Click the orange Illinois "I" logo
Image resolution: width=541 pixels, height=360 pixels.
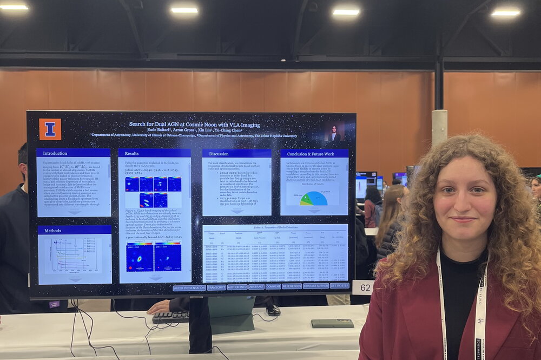pos(50,129)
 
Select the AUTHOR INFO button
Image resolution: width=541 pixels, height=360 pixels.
pos(237,287)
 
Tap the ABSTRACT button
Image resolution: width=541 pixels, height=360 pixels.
pos(256,287)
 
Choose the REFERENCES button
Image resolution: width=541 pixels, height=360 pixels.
pos(292,286)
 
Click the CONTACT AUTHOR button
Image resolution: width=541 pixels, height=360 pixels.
pos(315,286)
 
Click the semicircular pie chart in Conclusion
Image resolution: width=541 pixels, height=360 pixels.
pos(314,199)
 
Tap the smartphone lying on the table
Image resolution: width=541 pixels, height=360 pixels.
pos(332,323)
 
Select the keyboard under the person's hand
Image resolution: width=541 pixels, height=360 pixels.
pos(170,317)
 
